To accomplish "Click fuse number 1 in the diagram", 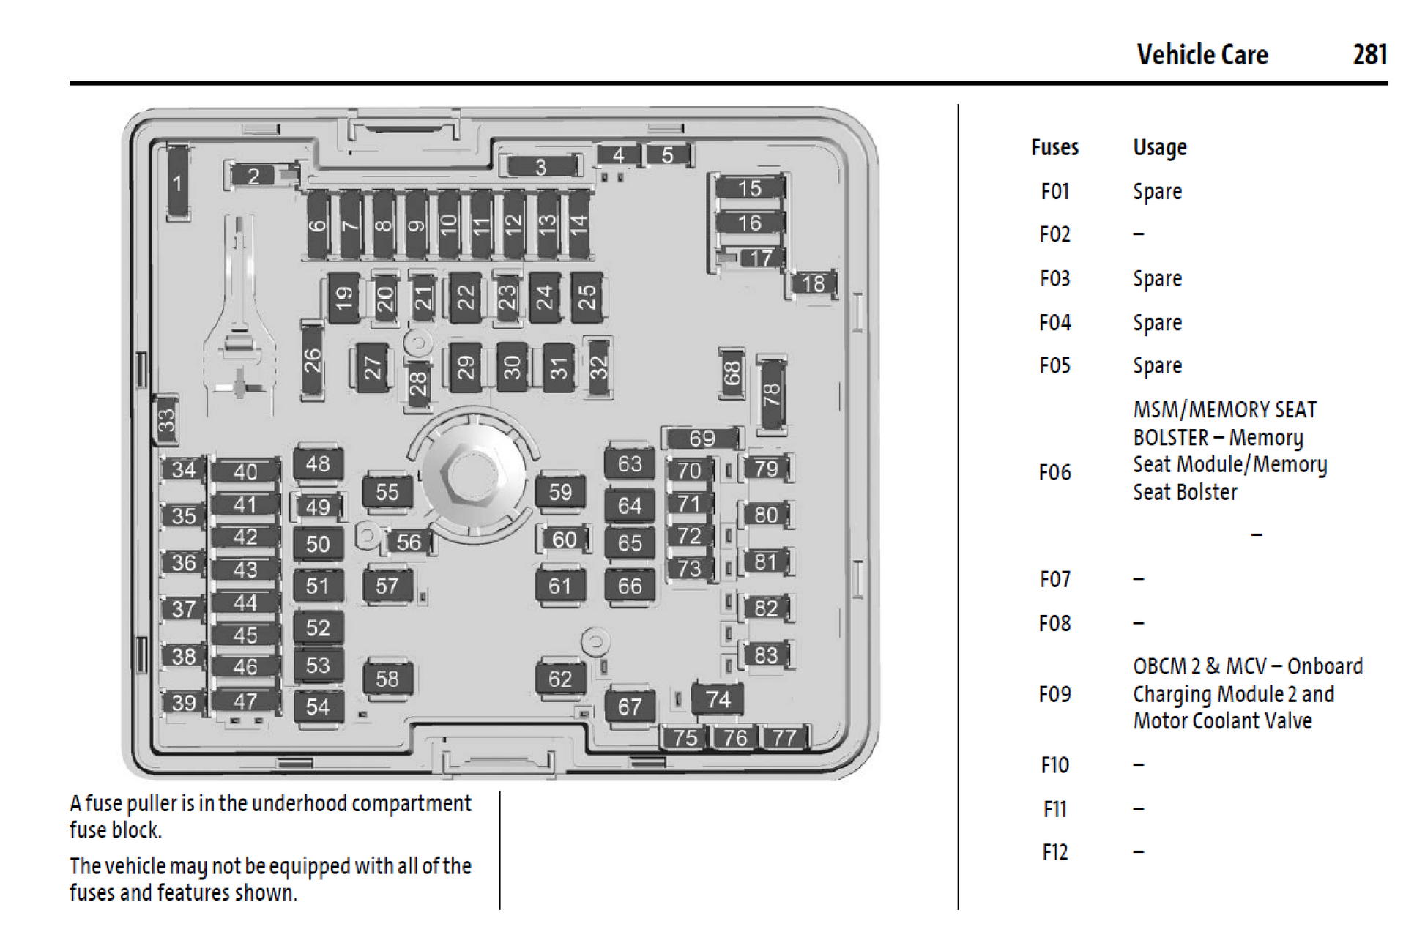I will click(x=177, y=183).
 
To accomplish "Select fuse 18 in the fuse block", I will click(x=813, y=283).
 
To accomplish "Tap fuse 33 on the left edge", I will click(x=167, y=421).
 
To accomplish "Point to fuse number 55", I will click(x=387, y=492).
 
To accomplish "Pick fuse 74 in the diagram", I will click(x=718, y=699).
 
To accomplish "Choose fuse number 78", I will click(x=771, y=395).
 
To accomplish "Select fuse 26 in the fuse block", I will click(x=313, y=361).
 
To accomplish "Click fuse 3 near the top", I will click(x=540, y=167).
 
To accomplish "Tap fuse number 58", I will click(x=387, y=679).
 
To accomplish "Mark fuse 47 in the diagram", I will click(x=245, y=701).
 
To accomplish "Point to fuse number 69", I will click(x=702, y=439).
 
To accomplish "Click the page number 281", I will click(x=1369, y=55).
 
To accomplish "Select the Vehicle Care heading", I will click(x=1202, y=55).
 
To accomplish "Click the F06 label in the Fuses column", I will click(x=1054, y=472).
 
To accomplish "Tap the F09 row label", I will click(x=1054, y=693).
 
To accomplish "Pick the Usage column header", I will click(x=1159, y=148).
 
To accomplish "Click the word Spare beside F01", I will click(x=1157, y=192).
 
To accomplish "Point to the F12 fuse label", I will click(x=1054, y=852).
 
